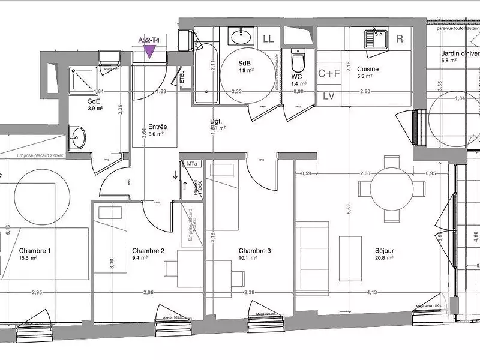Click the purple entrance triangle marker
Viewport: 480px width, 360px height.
tap(149, 52)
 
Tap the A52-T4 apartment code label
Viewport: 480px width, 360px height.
tap(149, 40)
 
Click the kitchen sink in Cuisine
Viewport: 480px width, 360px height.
tap(376, 38)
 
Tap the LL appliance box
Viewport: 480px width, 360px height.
tap(269, 39)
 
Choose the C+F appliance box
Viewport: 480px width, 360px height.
tap(329, 74)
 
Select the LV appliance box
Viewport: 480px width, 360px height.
tap(329, 95)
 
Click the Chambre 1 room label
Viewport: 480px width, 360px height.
tap(35, 251)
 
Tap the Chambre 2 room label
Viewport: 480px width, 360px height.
tap(148, 251)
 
